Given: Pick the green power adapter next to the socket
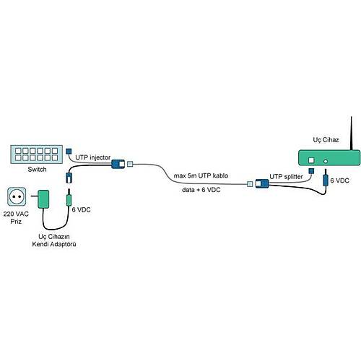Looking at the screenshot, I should point(44,199).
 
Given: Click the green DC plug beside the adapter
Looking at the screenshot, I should point(70,198).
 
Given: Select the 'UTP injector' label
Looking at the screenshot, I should point(92,155).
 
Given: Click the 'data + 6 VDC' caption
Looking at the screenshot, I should point(201,191).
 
